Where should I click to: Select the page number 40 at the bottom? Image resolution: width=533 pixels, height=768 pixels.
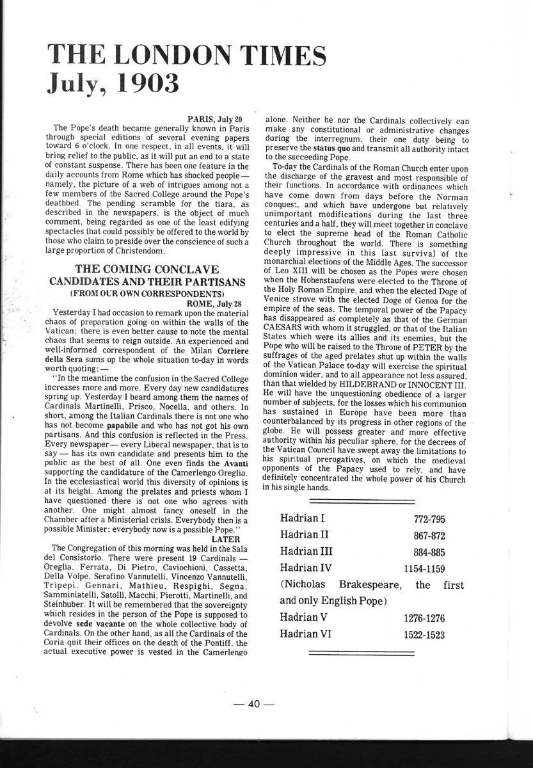click(x=254, y=704)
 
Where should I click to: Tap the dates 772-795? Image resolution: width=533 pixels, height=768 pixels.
click(x=429, y=519)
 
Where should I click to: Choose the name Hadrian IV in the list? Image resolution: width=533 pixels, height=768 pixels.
click(x=308, y=568)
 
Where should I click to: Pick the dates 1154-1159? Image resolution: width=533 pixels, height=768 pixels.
click(x=424, y=568)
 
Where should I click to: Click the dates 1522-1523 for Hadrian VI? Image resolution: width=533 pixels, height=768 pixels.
click(x=424, y=636)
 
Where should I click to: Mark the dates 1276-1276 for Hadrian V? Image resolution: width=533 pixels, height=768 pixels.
click(x=424, y=618)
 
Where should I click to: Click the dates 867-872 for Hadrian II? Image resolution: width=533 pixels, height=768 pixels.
click(x=429, y=536)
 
